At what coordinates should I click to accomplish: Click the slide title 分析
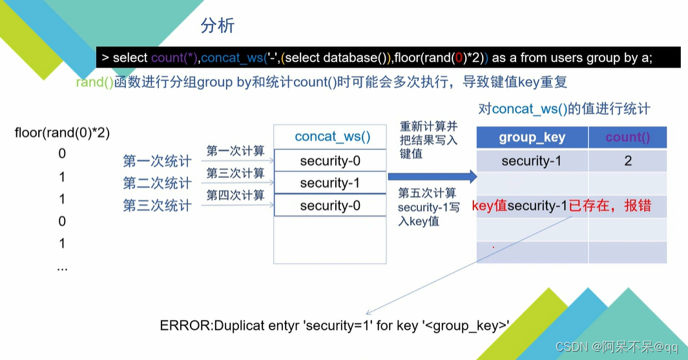click(x=218, y=26)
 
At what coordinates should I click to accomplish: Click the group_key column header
click(x=532, y=138)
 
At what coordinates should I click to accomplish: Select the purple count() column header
click(x=627, y=138)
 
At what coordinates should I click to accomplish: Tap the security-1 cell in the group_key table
click(x=532, y=161)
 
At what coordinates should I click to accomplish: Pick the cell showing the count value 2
click(x=627, y=161)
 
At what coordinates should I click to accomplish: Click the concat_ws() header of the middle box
click(x=332, y=136)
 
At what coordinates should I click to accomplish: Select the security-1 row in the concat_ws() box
click(x=329, y=184)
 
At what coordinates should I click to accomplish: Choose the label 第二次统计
click(x=157, y=184)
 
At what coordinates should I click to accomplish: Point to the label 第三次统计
click(x=157, y=206)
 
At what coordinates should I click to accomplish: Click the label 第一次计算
click(x=235, y=151)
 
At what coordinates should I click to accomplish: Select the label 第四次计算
click(x=235, y=195)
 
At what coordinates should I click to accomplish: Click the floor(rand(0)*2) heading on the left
click(x=62, y=133)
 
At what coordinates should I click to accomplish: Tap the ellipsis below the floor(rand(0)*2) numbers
click(x=62, y=266)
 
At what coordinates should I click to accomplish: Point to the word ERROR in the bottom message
click(x=180, y=325)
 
